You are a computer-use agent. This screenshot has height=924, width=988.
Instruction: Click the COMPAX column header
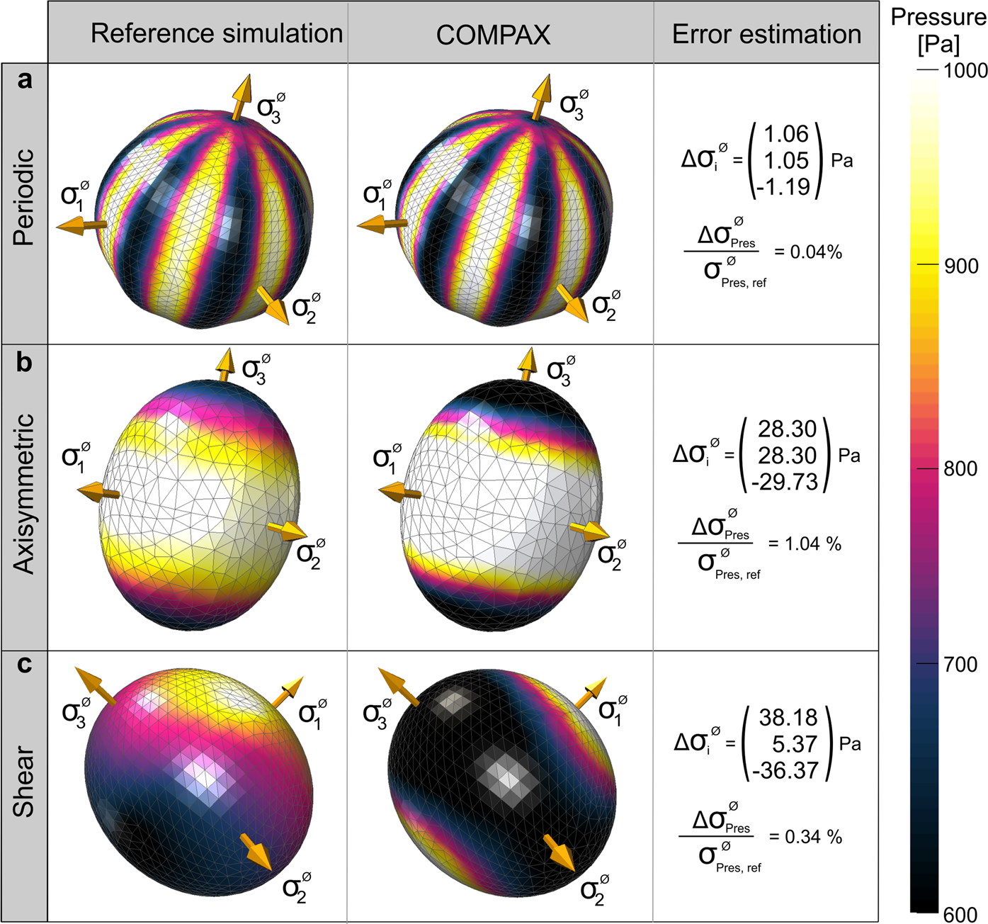(x=493, y=35)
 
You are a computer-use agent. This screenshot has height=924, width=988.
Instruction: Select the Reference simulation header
(x=217, y=33)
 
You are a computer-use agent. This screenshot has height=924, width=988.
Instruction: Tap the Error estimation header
(x=766, y=34)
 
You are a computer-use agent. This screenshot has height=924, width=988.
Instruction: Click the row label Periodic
(x=24, y=197)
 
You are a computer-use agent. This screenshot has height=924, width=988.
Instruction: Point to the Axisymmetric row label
(x=24, y=494)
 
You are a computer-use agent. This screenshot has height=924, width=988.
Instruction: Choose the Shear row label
(x=24, y=781)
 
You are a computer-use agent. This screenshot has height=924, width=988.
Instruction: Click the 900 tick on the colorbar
(x=960, y=266)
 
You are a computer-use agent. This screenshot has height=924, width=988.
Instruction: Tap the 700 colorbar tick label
(x=960, y=665)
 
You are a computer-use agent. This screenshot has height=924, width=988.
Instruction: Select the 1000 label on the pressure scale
(x=965, y=70)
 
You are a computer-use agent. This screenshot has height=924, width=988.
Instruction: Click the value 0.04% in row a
(x=816, y=252)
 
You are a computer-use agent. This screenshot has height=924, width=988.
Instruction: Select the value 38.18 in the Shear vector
(x=788, y=717)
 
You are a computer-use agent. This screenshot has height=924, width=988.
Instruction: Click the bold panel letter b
(x=24, y=362)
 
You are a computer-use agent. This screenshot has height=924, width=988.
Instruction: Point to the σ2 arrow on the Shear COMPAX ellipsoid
(x=560, y=852)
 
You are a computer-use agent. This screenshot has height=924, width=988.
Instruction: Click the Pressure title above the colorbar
(x=938, y=17)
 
